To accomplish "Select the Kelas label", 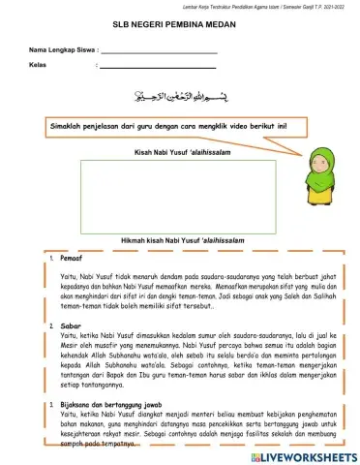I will (x=39, y=66).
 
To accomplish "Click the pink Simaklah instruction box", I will (x=170, y=126).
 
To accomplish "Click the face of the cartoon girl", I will (x=321, y=161).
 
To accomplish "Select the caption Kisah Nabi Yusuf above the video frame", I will (x=178, y=152).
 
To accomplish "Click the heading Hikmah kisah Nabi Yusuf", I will (x=178, y=240).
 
